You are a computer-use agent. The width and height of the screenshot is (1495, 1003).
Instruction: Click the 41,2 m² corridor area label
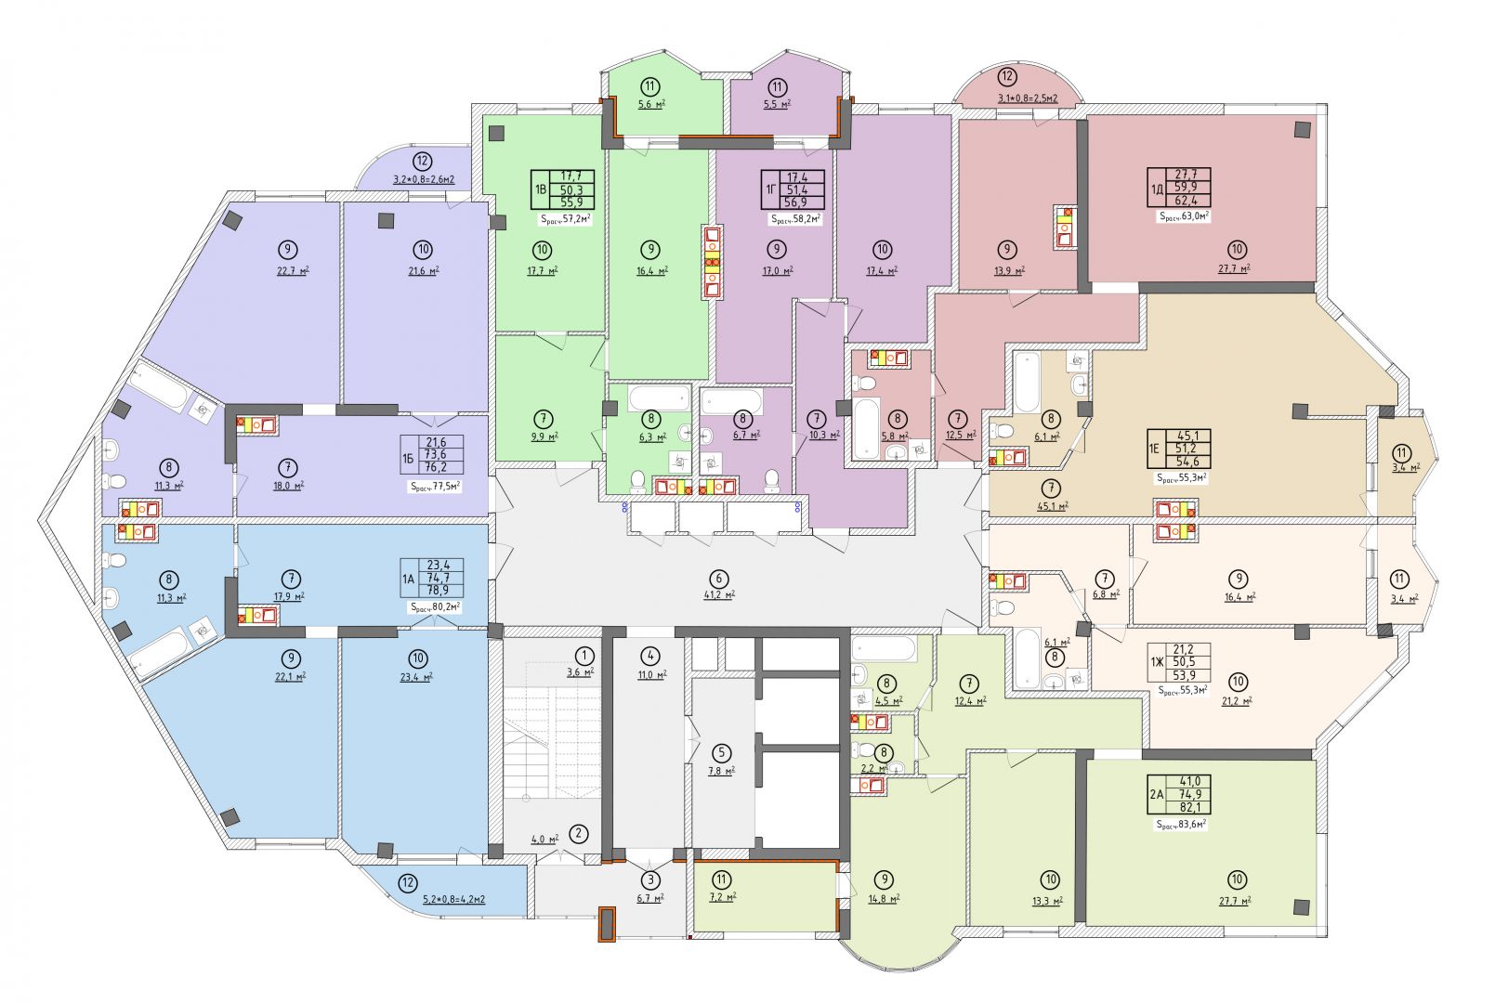pyautogui.click(x=718, y=594)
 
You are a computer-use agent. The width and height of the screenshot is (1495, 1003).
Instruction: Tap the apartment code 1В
pyautogui.click(x=540, y=190)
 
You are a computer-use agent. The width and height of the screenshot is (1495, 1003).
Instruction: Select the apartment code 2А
pyautogui.click(x=1157, y=794)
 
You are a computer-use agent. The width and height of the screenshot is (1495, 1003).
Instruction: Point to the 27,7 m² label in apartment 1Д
pyautogui.click(x=1236, y=268)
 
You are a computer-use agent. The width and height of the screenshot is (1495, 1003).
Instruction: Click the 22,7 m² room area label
pyautogui.click(x=293, y=271)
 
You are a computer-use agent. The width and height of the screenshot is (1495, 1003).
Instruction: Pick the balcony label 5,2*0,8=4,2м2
pyautogui.click(x=453, y=899)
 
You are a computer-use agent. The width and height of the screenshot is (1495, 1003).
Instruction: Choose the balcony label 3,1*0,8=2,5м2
pyautogui.click(x=1028, y=98)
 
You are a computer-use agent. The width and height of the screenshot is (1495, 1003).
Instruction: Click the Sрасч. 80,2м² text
pyautogui.click(x=435, y=607)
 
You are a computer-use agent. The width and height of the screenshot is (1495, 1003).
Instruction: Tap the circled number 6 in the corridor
pyautogui.click(x=718, y=579)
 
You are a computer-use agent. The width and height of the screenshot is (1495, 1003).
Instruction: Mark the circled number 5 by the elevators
pyautogui.click(x=721, y=753)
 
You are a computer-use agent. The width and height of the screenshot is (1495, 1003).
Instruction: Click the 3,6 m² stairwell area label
pyautogui.click(x=580, y=671)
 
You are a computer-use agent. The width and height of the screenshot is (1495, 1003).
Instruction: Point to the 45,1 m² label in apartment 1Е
pyautogui.click(x=1053, y=505)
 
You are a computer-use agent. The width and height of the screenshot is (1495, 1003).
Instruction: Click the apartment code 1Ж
pyautogui.click(x=1157, y=662)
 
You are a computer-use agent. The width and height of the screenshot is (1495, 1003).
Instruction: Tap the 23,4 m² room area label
pyautogui.click(x=417, y=677)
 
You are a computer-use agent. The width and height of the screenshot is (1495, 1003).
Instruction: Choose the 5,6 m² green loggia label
pyautogui.click(x=651, y=104)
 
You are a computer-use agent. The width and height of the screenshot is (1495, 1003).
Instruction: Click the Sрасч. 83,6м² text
pyautogui.click(x=1181, y=825)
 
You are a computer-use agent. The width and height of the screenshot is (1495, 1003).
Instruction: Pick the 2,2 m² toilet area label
pyautogui.click(x=874, y=768)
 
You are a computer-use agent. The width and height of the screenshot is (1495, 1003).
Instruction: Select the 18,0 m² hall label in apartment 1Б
pyautogui.click(x=288, y=486)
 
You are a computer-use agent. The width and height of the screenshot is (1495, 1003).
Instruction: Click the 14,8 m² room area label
pyautogui.click(x=884, y=898)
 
